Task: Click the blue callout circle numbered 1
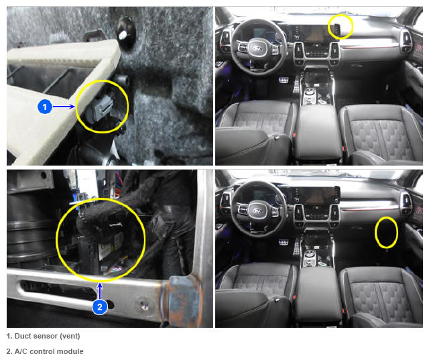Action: [45, 107]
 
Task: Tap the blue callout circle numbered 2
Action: [100, 307]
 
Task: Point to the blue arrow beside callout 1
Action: [64, 107]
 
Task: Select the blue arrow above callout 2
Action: [100, 291]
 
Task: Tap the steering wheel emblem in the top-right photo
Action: [257, 49]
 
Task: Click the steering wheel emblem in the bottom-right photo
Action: [257, 211]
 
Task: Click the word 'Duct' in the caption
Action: [24, 336]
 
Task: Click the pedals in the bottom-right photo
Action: [290, 244]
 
